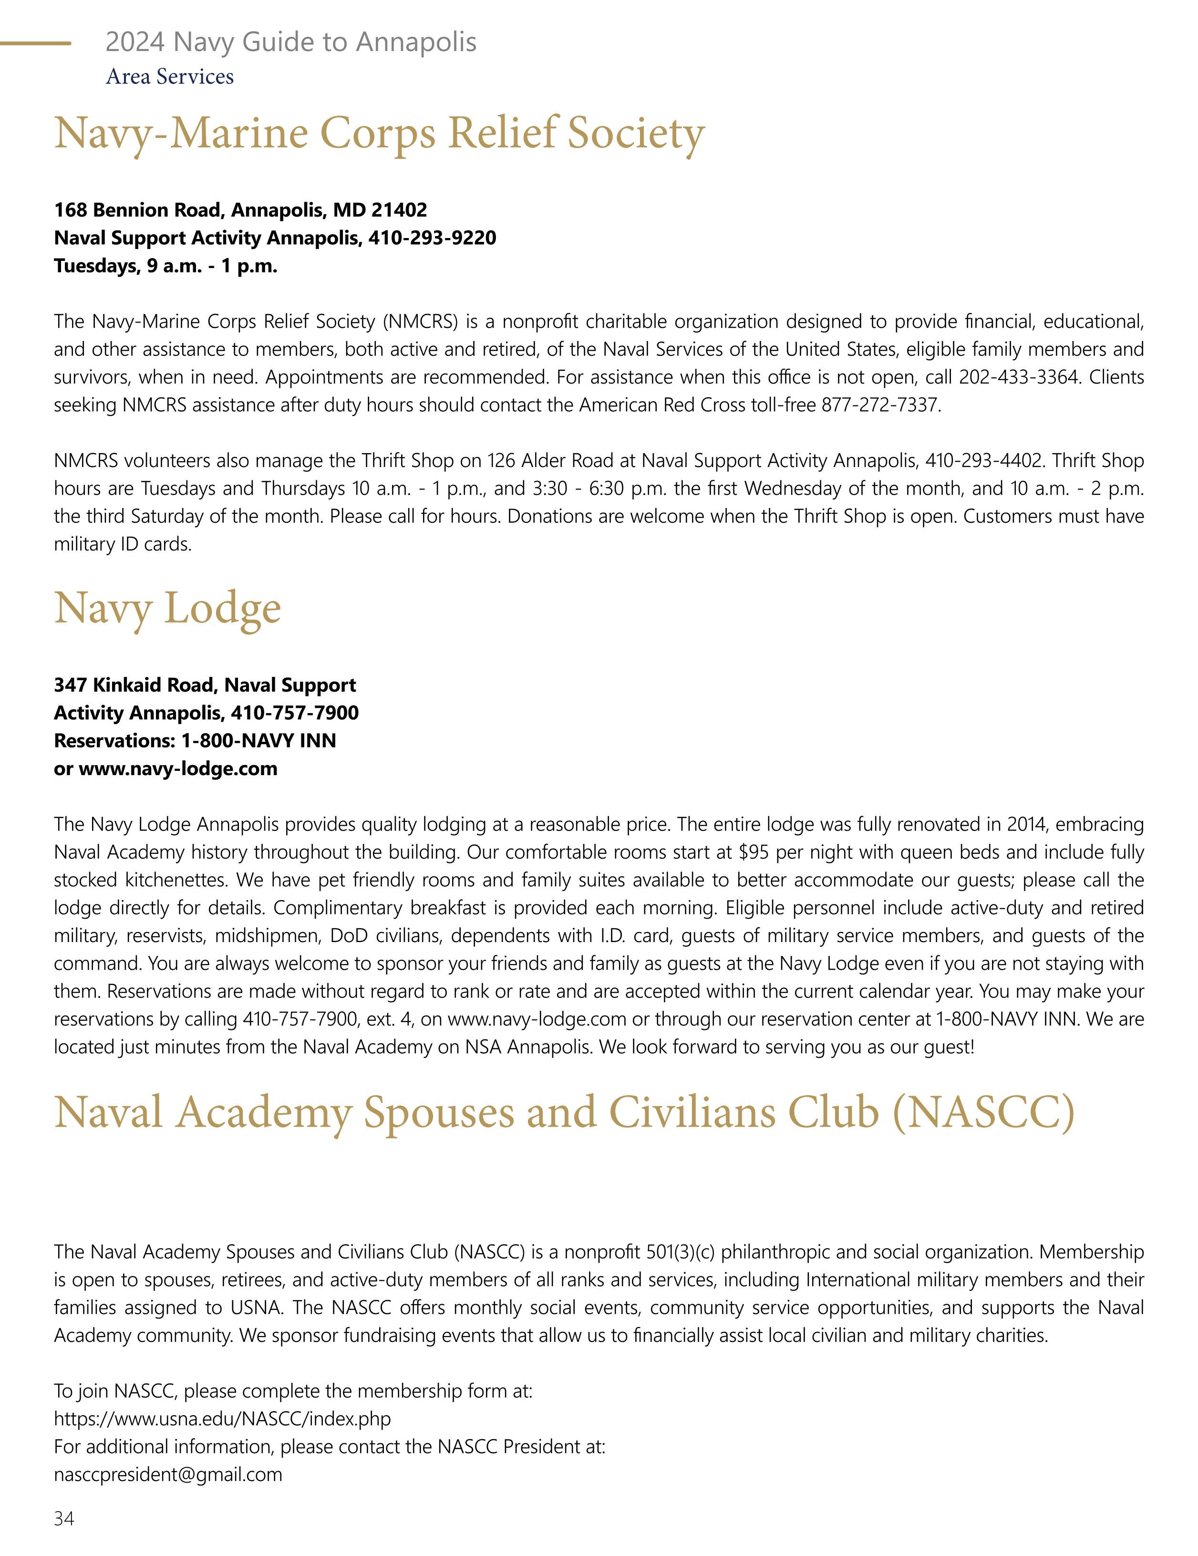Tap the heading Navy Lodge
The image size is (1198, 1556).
point(167,609)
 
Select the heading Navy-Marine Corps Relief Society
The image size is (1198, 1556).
point(379,134)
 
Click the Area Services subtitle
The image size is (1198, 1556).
point(169,76)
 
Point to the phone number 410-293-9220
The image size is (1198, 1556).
point(432,238)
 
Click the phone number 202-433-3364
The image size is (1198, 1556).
point(1019,377)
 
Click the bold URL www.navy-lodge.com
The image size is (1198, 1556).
point(177,769)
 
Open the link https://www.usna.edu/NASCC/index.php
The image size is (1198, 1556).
point(222,1419)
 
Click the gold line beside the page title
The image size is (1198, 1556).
point(36,43)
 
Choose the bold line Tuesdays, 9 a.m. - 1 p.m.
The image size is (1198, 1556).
point(165,267)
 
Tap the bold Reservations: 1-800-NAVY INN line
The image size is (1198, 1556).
point(195,741)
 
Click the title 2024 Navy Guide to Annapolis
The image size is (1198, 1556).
point(290,43)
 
